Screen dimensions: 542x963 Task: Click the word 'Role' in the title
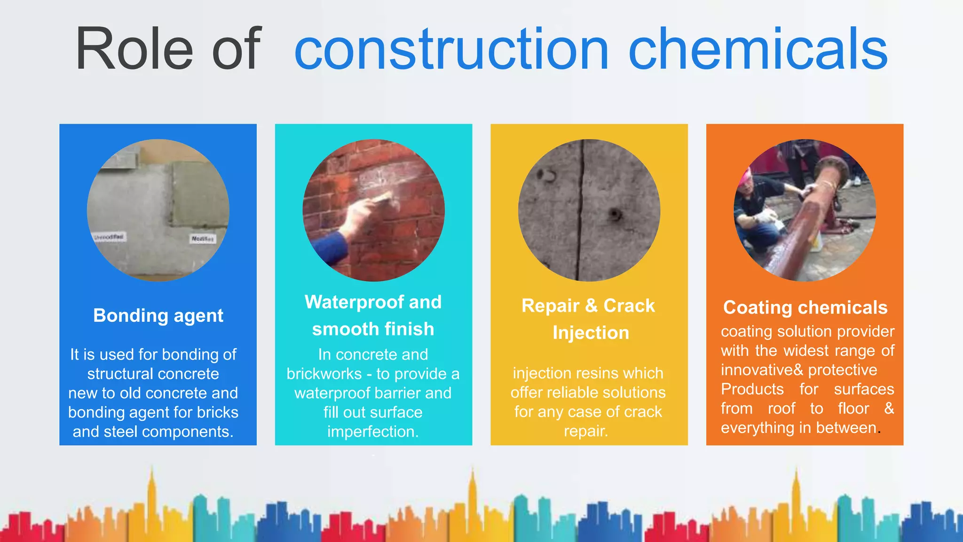[134, 49]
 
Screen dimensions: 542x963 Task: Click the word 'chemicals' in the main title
[758, 49]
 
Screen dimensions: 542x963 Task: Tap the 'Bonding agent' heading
[158, 316]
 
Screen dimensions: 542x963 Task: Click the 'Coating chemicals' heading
[805, 308]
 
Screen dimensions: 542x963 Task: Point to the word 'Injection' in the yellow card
[591, 333]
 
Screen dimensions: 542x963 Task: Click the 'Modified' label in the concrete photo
[203, 239]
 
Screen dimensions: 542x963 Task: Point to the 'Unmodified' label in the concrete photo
[109, 237]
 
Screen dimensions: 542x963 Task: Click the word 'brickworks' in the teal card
[324, 374]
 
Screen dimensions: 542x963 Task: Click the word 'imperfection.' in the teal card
[373, 432]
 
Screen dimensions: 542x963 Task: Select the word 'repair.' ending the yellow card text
[586, 431]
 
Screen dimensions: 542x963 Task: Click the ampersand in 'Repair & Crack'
[591, 306]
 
